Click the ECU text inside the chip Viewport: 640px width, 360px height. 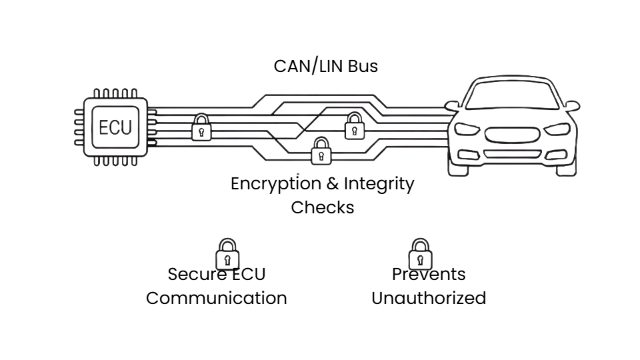pos(115,127)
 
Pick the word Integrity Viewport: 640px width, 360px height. pos(379,184)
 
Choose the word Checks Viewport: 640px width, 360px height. pos(322,207)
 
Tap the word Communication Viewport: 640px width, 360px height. pos(216,298)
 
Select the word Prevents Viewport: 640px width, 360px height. pos(429,275)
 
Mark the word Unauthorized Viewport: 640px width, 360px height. pos(428,298)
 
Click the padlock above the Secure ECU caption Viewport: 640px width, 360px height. pos(227,254)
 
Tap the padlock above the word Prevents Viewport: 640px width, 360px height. pos(420,254)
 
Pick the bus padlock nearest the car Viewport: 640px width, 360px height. pos(354,126)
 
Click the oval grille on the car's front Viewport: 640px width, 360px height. pos(512,135)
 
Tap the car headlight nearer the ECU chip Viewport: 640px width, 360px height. pos(467,129)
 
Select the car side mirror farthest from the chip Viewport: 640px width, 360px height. pos(571,106)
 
